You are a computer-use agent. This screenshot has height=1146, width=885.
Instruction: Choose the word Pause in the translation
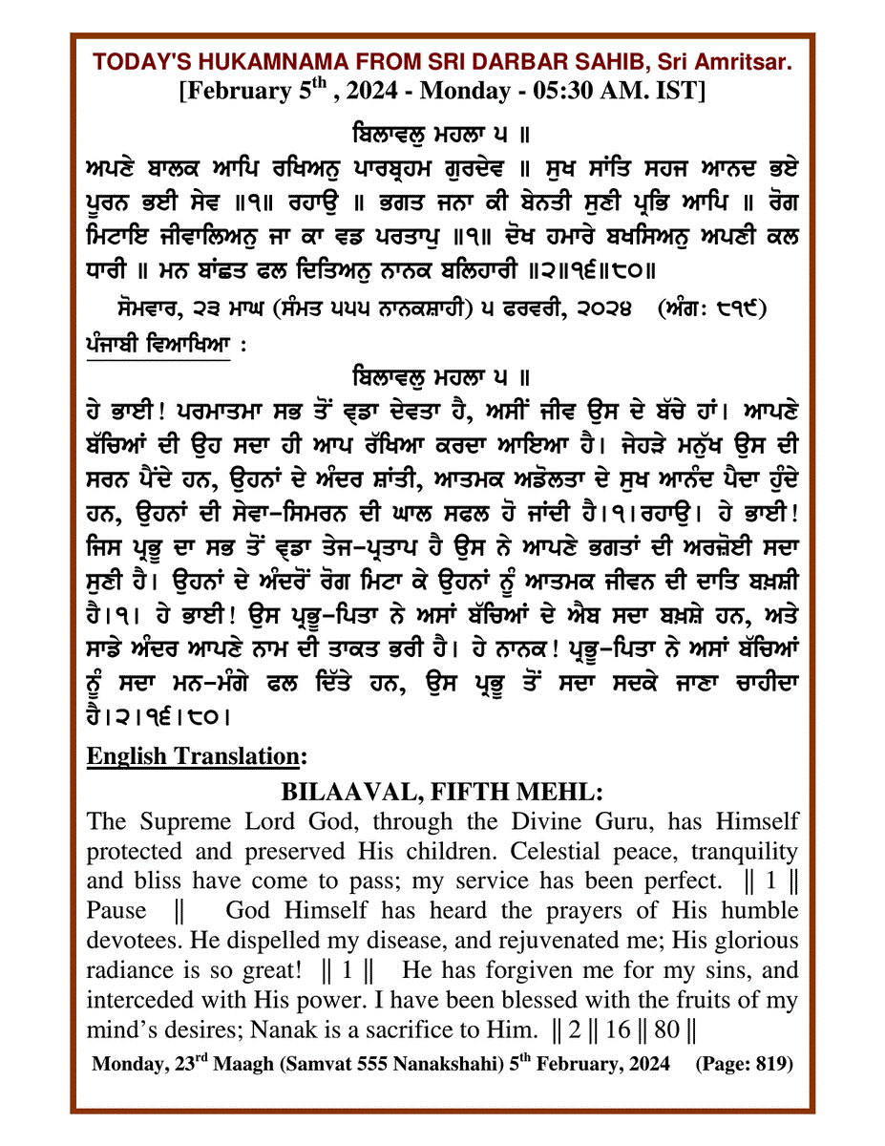pos(116,910)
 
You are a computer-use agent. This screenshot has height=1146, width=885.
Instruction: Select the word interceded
pos(141,1000)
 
